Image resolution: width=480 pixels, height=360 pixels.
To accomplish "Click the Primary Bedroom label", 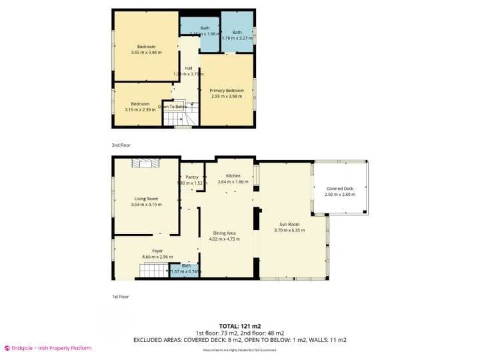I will click(226, 90).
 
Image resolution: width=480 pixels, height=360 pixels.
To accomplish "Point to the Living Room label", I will click(146, 199).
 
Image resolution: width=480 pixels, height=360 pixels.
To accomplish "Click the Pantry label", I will click(192, 177).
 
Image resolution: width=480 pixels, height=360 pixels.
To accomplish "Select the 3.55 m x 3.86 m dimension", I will click(146, 52).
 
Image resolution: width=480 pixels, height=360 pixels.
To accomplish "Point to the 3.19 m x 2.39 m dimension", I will click(140, 109).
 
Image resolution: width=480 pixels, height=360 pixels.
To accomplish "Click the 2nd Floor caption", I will click(121, 144).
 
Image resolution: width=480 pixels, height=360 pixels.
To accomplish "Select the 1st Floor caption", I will click(120, 296).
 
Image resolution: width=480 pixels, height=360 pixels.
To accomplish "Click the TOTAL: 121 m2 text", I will click(239, 326).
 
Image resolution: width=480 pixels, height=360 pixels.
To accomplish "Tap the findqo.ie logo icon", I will click(7, 348).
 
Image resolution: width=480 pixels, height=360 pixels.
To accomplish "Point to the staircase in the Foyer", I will click(154, 270).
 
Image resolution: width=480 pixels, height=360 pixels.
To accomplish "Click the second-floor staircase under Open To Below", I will click(178, 118).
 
